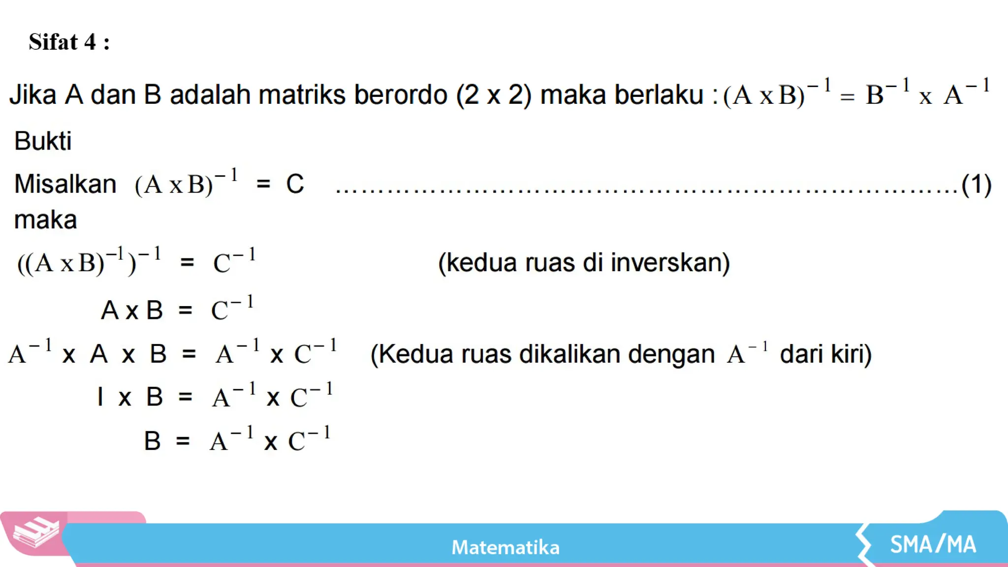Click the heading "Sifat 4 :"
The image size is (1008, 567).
69,42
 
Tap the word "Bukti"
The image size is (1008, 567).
43,141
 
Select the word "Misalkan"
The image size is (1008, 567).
65,185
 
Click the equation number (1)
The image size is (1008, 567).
976,185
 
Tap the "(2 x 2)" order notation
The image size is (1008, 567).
494,94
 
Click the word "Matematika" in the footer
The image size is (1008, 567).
505,547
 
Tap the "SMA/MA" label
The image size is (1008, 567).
933,544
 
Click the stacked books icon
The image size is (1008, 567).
35,533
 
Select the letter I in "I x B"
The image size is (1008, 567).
100,397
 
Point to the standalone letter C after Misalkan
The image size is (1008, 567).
295,185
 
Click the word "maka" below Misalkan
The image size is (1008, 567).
45,220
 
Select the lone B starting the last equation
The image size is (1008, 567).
152,441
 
